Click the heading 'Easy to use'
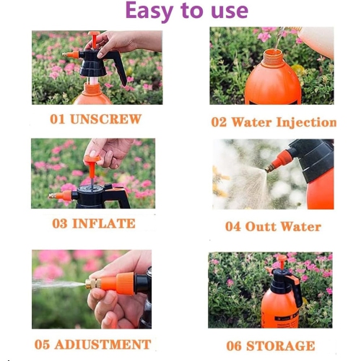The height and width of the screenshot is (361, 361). point(186,12)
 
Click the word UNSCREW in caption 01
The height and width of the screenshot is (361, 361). point(105,119)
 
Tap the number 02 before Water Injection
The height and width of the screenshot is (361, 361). point(219,122)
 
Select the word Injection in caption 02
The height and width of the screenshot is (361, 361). point(303,122)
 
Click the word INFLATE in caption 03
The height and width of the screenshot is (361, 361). point(104,223)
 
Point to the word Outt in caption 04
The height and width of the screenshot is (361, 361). point(264,226)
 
